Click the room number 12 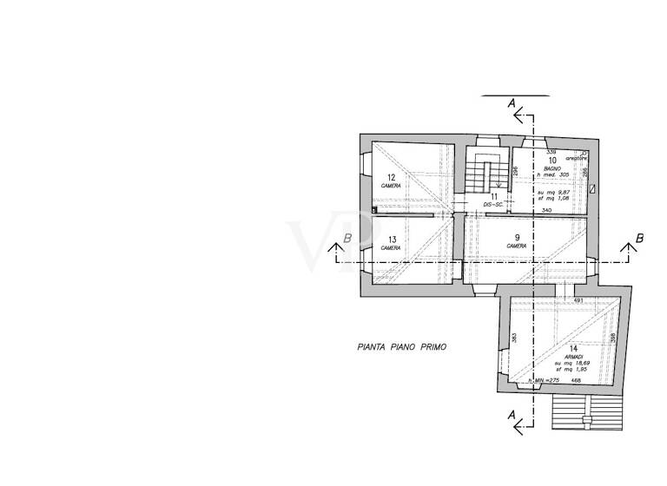pyautogui.click(x=391, y=177)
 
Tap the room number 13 pyautogui.click(x=392, y=240)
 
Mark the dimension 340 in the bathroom pyautogui.click(x=545, y=211)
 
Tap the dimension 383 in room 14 pyautogui.click(x=514, y=338)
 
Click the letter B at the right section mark pyautogui.click(x=639, y=237)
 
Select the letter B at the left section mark pyautogui.click(x=347, y=237)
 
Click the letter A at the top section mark pyautogui.click(x=512, y=104)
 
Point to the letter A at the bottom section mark pyautogui.click(x=512, y=414)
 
